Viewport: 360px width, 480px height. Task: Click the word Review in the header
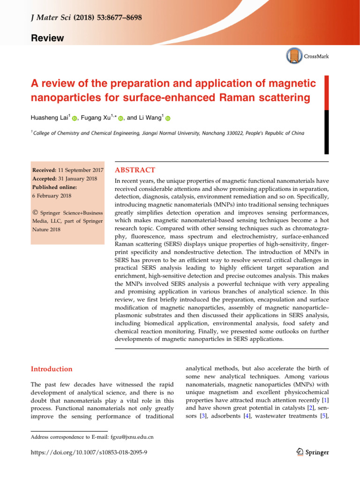coord(48,38)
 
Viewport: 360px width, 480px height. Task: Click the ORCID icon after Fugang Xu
coord(121,118)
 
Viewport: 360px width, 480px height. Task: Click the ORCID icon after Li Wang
coord(168,118)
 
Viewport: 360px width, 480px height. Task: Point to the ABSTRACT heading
coord(135,170)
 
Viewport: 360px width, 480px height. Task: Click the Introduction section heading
coord(52,369)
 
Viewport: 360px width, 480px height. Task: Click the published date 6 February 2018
coord(51,196)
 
